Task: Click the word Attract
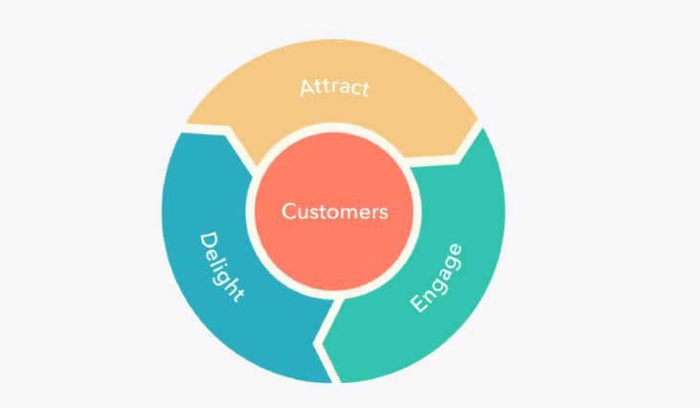[334, 87]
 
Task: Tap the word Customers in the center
[335, 211]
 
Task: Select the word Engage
[436, 278]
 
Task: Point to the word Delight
[221, 267]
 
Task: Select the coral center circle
[334, 211]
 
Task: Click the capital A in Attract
[307, 87]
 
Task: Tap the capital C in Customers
[289, 211]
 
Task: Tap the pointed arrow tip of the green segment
[323, 344]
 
